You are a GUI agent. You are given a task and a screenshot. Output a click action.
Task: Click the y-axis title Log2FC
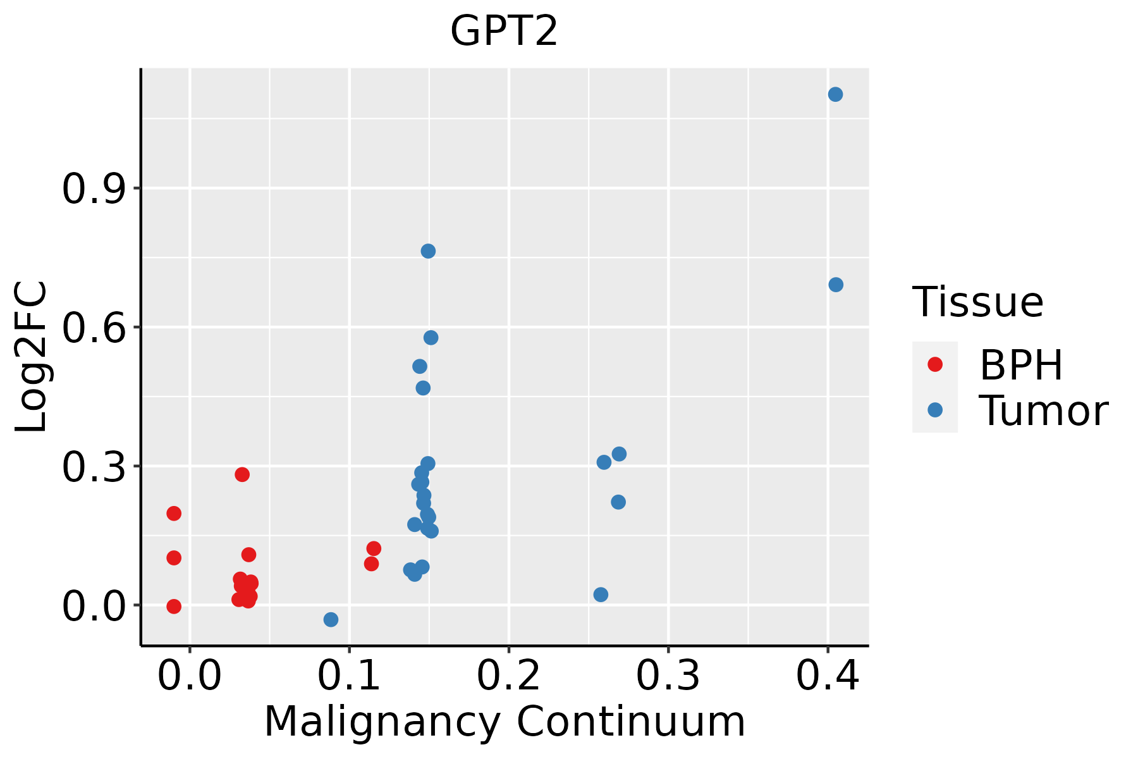(x=32, y=357)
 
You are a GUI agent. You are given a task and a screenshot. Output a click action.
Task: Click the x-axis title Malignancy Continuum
(x=504, y=722)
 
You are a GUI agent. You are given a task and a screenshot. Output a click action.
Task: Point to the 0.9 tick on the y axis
(x=94, y=188)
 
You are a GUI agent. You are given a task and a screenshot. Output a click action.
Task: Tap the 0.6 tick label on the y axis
(x=94, y=328)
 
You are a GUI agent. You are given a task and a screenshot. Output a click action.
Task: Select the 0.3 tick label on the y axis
(x=94, y=467)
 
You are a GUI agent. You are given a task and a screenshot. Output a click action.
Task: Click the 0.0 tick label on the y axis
(x=94, y=606)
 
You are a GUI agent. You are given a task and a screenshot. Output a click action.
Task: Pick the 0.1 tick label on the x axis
(x=349, y=676)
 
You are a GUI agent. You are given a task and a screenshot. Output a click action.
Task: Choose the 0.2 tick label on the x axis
(x=508, y=676)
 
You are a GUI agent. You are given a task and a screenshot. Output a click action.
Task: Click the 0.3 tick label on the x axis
(x=668, y=676)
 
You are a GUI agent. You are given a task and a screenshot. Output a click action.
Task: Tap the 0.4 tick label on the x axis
(x=827, y=676)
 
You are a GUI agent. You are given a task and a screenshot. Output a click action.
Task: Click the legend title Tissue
(x=978, y=302)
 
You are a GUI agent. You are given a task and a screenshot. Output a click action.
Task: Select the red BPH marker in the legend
(x=934, y=364)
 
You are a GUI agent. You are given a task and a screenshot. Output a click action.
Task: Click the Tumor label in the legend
(x=1043, y=410)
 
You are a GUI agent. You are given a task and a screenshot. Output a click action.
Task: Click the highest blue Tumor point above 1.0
(x=835, y=94)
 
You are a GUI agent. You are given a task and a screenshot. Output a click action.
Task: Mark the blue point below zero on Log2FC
(x=331, y=619)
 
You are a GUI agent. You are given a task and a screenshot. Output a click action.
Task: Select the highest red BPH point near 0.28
(x=242, y=474)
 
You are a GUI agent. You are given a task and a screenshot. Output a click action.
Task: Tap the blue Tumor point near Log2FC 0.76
(x=428, y=251)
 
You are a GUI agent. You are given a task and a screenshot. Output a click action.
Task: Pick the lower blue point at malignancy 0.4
(x=836, y=285)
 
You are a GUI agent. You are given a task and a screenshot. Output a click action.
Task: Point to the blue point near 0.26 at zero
(x=601, y=595)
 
